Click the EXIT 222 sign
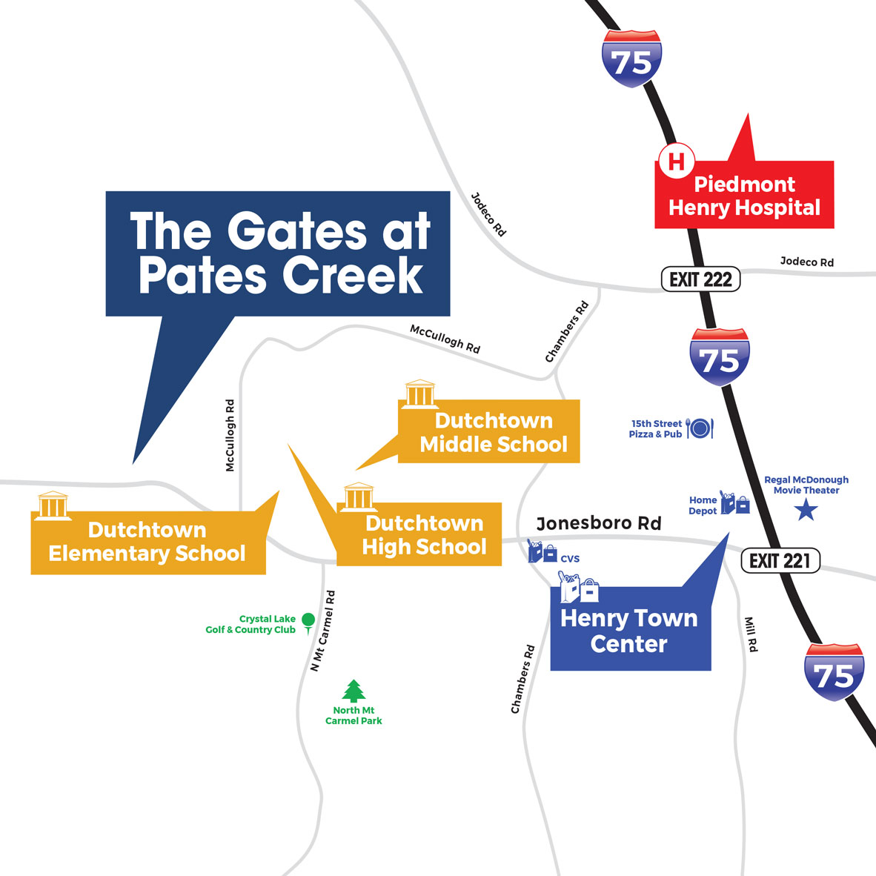700,279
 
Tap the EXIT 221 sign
780,560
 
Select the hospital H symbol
676,160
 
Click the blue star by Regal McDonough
806,510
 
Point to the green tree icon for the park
354,691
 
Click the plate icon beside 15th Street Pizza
700,428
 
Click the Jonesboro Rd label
598,523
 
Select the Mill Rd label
751,634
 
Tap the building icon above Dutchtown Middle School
419,394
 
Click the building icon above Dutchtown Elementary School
53,505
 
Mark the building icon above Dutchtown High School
358,497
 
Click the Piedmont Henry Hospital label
744,196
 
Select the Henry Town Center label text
629,630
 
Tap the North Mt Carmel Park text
354,715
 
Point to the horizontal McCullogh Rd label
445,339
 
